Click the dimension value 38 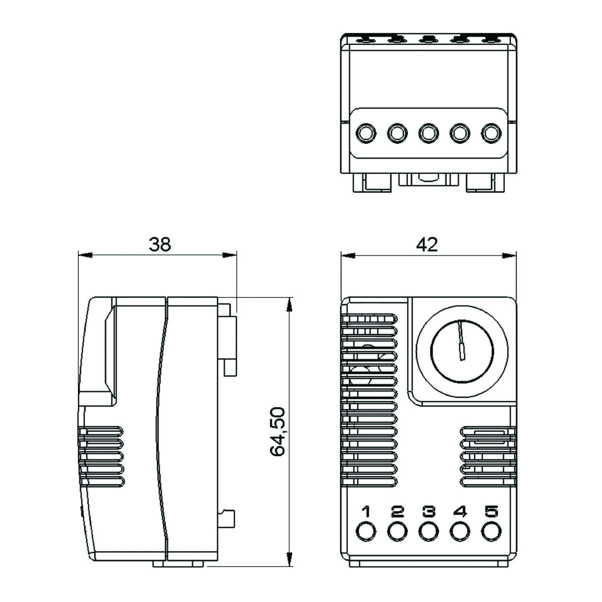160,244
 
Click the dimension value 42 427,244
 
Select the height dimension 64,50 277,431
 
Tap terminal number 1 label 366,512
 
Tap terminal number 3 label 429,512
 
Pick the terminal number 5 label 491,512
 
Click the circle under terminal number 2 397,531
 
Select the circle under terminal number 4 460,531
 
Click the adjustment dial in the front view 462,350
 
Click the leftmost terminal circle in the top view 366,133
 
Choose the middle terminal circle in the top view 428,133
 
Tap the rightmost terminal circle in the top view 491,133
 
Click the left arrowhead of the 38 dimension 84,255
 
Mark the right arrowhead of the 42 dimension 510,255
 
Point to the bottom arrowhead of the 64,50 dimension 288,559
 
